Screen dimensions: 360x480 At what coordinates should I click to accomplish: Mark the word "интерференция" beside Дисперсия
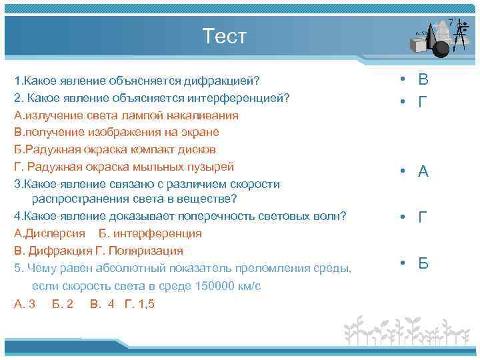(157, 234)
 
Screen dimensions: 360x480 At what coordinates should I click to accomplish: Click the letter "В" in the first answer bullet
(423, 80)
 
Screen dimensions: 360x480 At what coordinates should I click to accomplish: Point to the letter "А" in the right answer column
(423, 172)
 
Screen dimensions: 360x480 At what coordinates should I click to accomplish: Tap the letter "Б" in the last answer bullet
(423, 263)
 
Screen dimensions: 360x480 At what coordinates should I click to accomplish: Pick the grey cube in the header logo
(419, 45)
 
